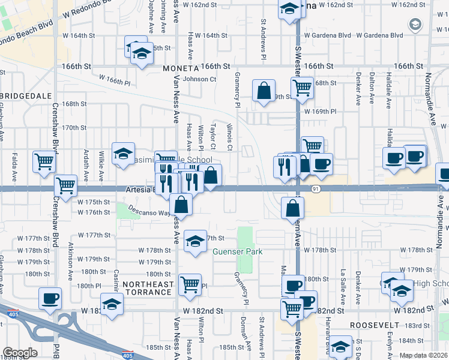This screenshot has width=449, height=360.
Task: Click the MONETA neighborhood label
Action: click(x=180, y=69)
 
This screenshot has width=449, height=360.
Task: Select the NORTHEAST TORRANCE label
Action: click(x=148, y=288)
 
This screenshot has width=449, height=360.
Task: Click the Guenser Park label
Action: click(x=238, y=252)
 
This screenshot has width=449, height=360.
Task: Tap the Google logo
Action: click(x=20, y=353)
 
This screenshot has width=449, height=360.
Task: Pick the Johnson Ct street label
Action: click(x=199, y=79)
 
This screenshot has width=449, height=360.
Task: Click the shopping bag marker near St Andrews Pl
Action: click(x=264, y=91)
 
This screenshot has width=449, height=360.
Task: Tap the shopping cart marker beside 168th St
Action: click(x=302, y=88)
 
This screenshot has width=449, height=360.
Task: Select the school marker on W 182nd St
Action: click(x=111, y=304)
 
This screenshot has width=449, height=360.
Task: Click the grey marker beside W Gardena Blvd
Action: click(x=415, y=25)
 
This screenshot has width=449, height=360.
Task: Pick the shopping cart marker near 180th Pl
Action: click(x=190, y=284)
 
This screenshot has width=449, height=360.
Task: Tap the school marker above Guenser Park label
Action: click(x=194, y=242)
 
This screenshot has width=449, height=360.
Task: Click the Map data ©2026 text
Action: click(x=424, y=355)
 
